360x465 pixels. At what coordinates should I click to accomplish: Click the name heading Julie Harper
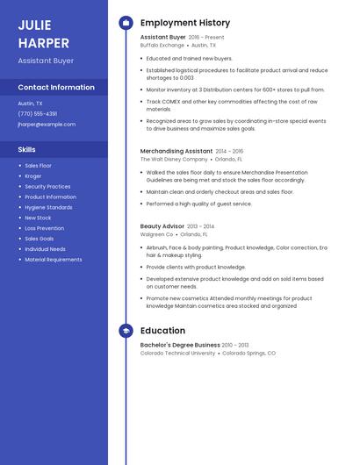(x=43, y=32)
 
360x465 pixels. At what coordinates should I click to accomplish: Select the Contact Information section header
(x=56, y=88)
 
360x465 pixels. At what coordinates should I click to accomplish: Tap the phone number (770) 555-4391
(x=38, y=113)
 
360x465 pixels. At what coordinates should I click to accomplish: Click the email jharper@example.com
(x=47, y=125)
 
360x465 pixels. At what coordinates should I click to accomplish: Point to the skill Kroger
(x=33, y=175)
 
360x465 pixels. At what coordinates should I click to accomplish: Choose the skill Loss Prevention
(x=44, y=228)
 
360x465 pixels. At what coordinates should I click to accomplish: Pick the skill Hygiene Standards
(x=48, y=207)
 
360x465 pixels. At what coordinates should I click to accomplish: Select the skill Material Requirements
(x=54, y=260)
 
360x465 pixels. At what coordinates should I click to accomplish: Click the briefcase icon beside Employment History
(x=126, y=23)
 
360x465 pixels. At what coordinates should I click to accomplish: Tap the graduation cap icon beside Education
(x=126, y=331)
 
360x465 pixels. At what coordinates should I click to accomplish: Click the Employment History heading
(x=185, y=23)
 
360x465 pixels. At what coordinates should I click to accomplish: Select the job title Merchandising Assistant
(x=176, y=151)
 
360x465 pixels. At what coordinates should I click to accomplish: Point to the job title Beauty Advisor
(x=162, y=226)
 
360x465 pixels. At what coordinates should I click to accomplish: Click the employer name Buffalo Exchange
(x=162, y=45)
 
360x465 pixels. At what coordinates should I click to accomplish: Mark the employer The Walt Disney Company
(x=174, y=160)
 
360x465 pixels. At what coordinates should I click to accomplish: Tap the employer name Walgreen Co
(x=157, y=234)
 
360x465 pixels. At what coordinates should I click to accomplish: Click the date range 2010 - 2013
(x=235, y=345)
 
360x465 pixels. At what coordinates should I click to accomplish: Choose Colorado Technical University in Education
(x=177, y=353)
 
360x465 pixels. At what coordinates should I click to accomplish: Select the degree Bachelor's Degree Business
(x=180, y=345)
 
